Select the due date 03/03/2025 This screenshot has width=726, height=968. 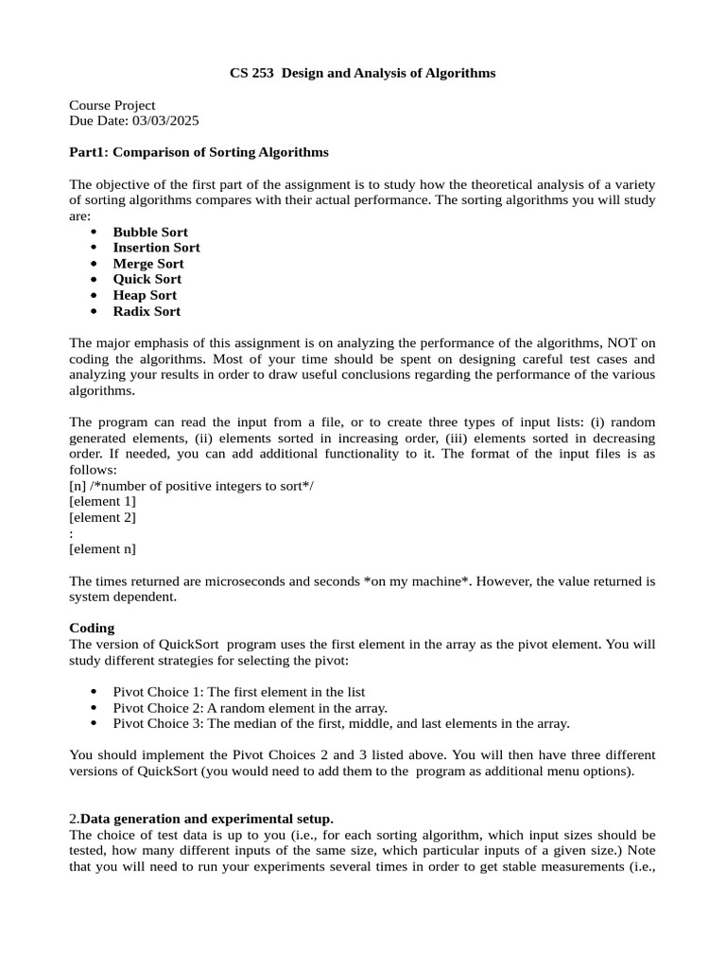[x=166, y=121]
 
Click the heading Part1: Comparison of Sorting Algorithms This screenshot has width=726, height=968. [x=199, y=152]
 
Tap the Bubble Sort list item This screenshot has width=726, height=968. [x=150, y=232]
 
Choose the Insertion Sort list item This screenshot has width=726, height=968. [x=156, y=248]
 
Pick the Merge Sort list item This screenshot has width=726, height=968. [x=148, y=264]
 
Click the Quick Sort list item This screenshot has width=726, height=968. [x=147, y=279]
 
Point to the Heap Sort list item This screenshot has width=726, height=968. [x=145, y=295]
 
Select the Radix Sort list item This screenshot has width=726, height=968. [x=147, y=311]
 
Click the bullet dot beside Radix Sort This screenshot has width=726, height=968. [x=94, y=311]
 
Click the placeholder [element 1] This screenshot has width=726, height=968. [x=103, y=501]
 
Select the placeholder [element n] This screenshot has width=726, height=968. [x=103, y=548]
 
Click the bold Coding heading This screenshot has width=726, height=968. [x=93, y=628]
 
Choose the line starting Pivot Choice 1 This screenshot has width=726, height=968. [x=238, y=692]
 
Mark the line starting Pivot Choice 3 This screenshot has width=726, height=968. [x=340, y=723]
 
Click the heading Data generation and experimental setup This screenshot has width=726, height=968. [x=206, y=818]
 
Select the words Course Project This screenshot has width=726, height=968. [x=112, y=105]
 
